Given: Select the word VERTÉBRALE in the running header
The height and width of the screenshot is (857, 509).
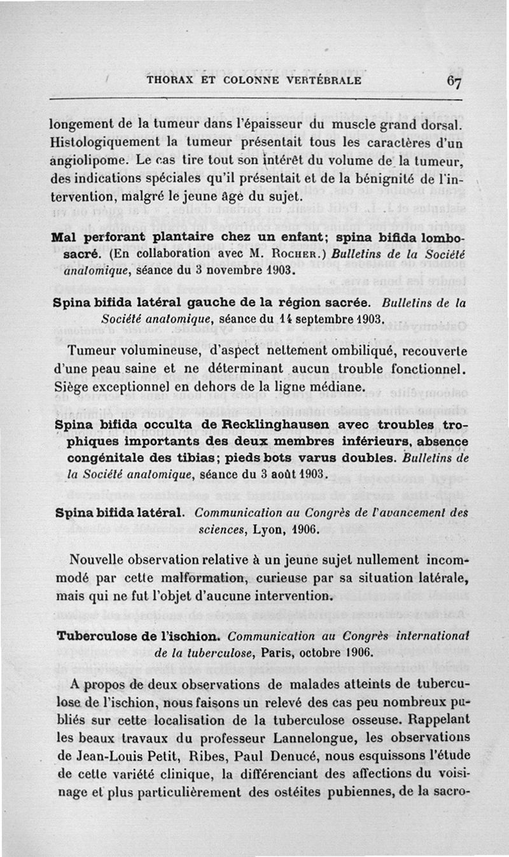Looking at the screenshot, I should pyautogui.click(x=324, y=81).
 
